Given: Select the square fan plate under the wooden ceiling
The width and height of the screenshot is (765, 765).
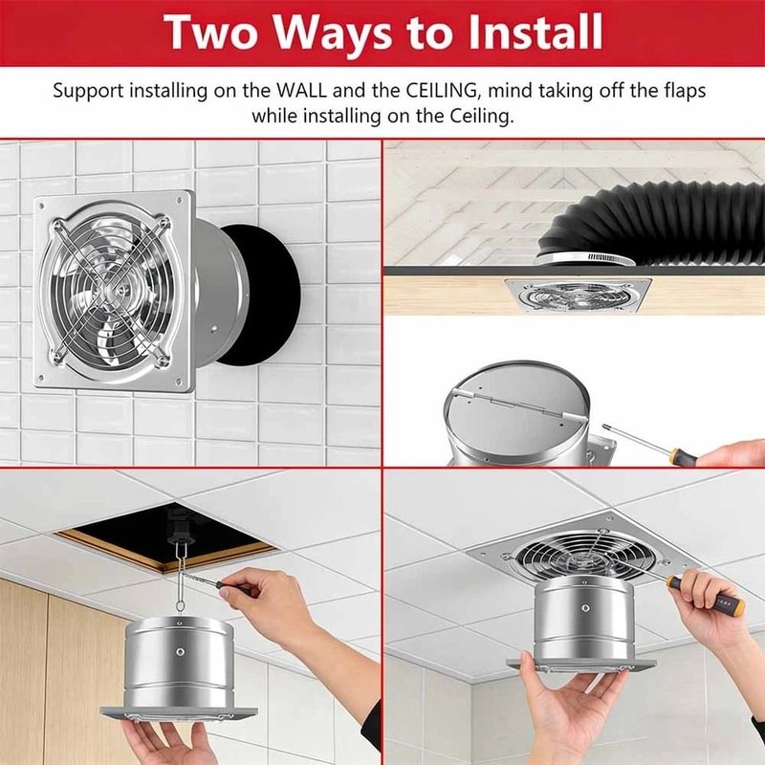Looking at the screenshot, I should coord(576,293).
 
